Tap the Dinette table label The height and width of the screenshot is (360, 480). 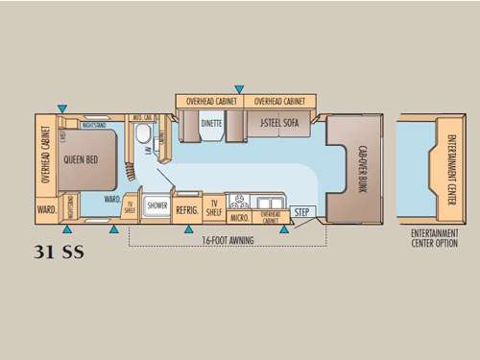210,123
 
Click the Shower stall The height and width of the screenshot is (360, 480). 156,205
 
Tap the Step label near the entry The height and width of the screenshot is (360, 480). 301,212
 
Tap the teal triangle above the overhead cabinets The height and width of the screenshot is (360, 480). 239,89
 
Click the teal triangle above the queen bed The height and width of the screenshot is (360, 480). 62,108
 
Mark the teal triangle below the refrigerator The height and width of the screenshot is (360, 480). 188,229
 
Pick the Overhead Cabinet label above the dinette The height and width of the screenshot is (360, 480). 210,100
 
